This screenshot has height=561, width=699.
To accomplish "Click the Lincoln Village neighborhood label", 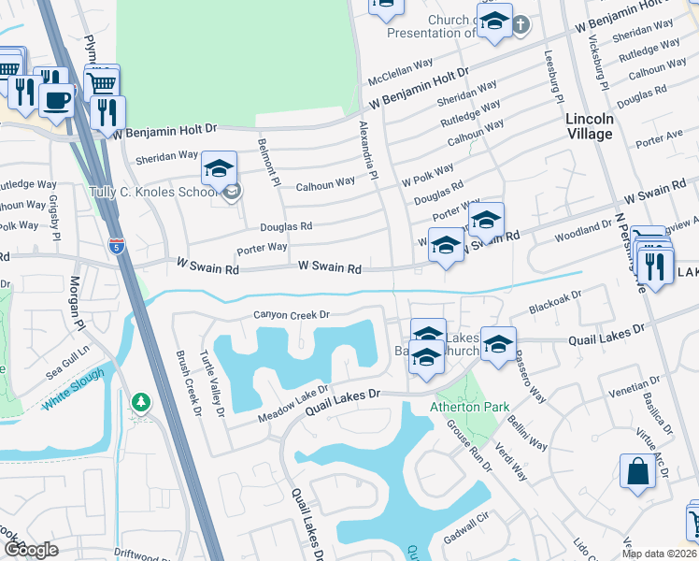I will (590, 126).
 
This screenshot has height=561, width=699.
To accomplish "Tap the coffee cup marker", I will (57, 98).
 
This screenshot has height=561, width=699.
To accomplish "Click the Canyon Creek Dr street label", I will (292, 315).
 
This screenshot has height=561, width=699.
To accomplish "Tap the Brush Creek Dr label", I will (188, 383).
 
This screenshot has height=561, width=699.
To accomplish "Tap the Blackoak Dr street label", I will (555, 299).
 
